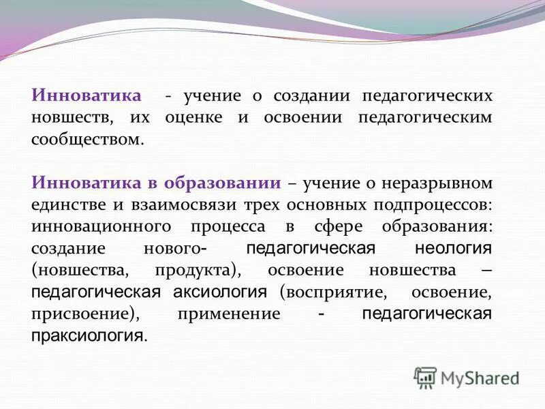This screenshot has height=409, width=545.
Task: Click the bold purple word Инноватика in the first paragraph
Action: click(x=87, y=96)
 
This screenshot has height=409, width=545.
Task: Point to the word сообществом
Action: click(x=88, y=140)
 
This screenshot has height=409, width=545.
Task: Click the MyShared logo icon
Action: click(x=426, y=377)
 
